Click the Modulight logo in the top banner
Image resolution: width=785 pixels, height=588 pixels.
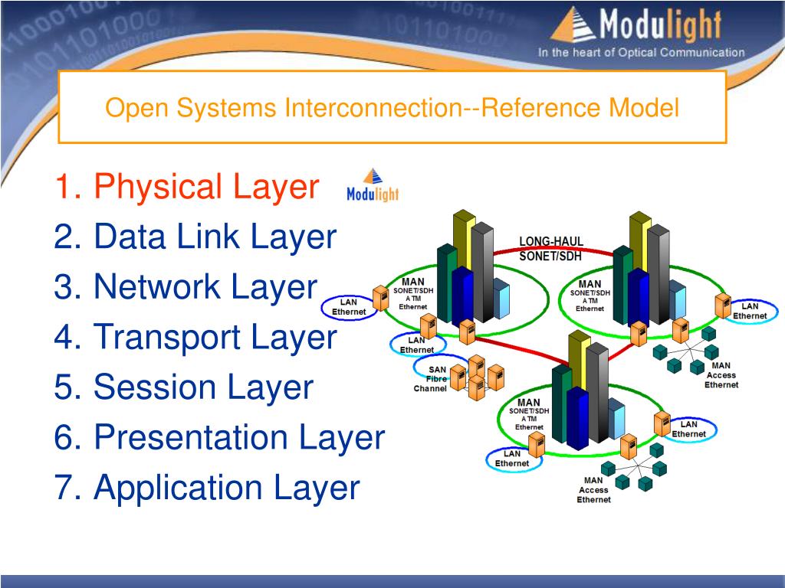coord(636,26)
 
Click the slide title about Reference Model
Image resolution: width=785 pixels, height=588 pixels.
coord(392,107)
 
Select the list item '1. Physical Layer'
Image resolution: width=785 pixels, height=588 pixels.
coord(186,187)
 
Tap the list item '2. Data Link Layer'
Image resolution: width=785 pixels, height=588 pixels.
coord(195,237)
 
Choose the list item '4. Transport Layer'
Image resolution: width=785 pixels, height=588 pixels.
coord(195,337)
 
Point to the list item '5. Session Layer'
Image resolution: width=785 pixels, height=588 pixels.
coord(184,387)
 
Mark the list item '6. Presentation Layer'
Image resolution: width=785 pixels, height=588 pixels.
coord(218,437)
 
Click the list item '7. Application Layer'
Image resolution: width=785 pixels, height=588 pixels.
coord(206,488)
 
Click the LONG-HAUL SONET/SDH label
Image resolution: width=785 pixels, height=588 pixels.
coord(551,250)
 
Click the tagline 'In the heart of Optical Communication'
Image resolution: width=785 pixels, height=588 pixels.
coord(641,53)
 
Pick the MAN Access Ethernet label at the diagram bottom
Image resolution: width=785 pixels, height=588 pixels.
coord(594,490)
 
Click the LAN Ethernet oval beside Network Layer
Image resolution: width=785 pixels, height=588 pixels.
coord(349,307)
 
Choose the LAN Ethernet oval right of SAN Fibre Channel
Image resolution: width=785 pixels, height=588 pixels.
coord(688,429)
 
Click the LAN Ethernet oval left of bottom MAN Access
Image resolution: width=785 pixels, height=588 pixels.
coord(512,459)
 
